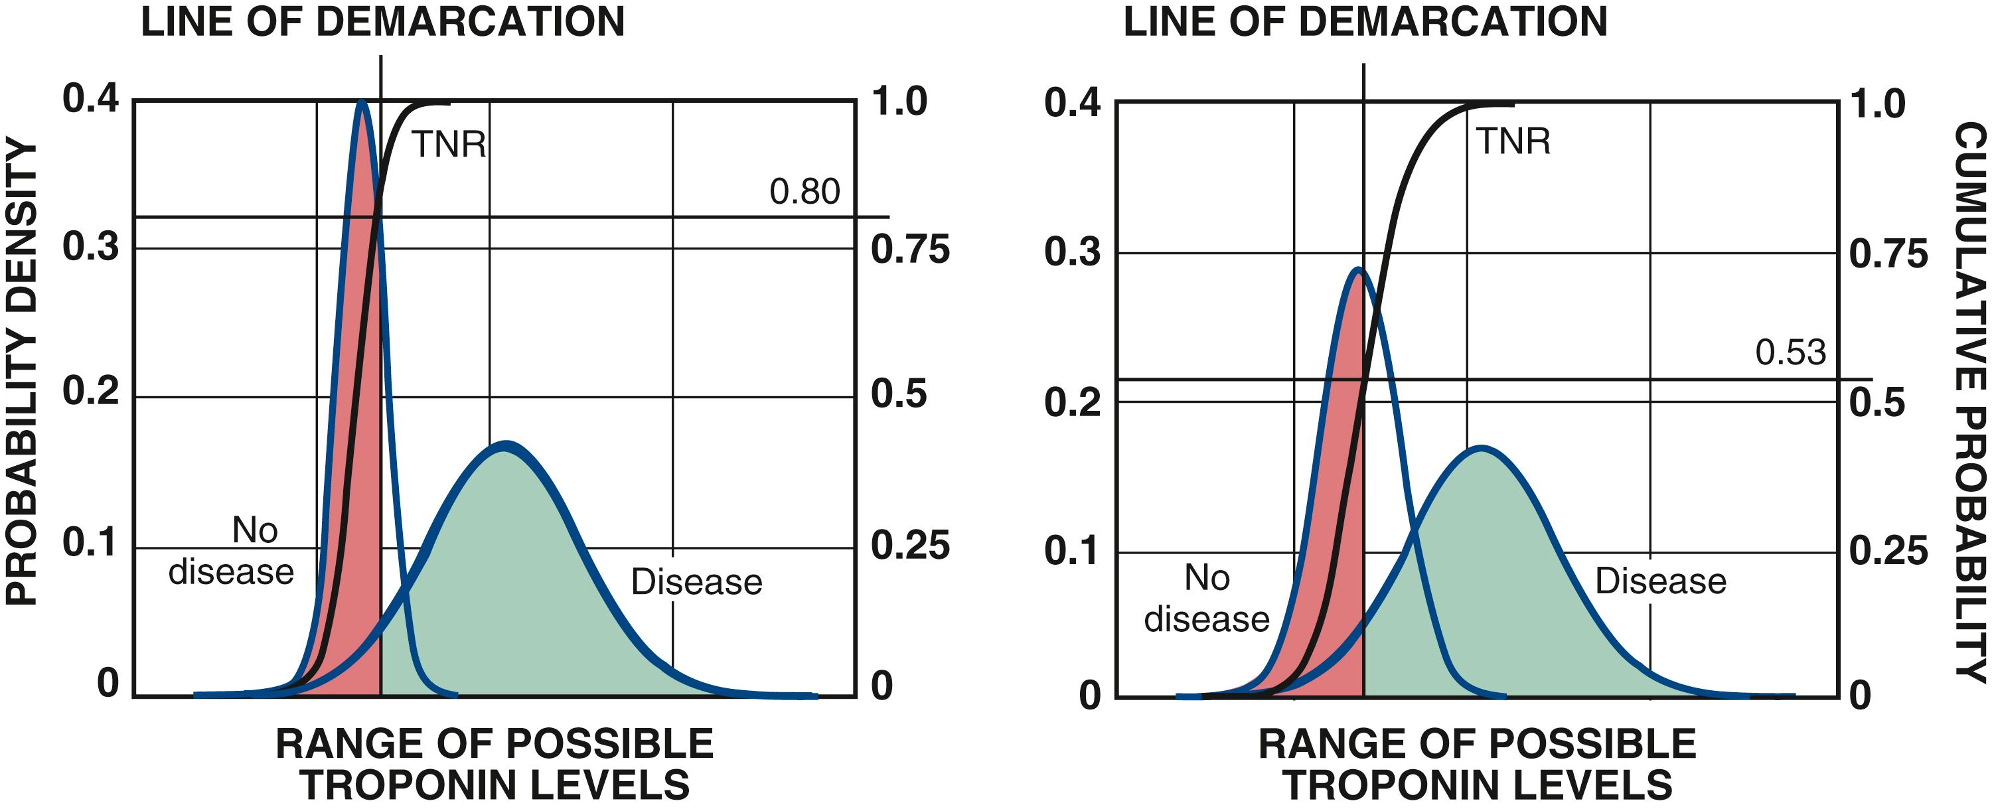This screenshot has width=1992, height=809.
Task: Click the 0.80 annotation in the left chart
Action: [x=804, y=191]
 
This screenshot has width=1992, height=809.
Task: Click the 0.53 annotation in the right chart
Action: [x=1790, y=352]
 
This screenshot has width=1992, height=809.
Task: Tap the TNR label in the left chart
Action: [x=449, y=145]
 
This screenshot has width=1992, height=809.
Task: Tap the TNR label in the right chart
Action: [x=1513, y=141]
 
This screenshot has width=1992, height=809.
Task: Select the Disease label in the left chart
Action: [x=696, y=581]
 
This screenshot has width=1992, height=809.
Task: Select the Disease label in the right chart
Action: [x=1660, y=581]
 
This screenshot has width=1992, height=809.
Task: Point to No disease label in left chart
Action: [x=232, y=552]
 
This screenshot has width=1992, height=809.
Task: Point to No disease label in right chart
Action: [x=1206, y=599]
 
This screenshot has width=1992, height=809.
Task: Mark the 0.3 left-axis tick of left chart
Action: [x=90, y=247]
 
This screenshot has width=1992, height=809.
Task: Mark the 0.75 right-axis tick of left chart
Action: [x=910, y=249]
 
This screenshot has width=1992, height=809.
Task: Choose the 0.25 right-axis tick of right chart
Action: [x=1888, y=552]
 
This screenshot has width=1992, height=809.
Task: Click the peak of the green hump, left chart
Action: [x=505, y=444]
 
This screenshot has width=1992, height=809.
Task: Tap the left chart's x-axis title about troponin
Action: [x=495, y=764]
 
